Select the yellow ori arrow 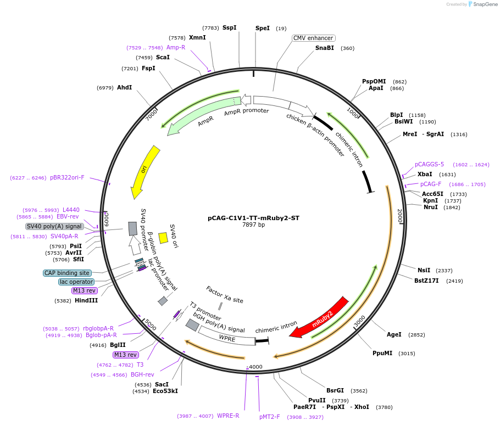[145, 171]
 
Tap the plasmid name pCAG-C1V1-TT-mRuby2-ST [253, 218]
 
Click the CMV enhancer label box [313, 38]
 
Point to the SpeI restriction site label [263, 28]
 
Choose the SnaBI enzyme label [324, 48]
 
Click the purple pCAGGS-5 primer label [429, 164]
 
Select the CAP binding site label [66, 273]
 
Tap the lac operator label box [76, 282]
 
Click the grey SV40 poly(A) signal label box [54, 226]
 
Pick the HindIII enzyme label [86, 300]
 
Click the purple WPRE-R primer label [228, 416]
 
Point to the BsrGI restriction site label [335, 391]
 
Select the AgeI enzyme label [394, 334]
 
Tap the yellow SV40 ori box [163, 238]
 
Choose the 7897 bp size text [253, 225]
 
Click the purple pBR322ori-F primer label [67, 177]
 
